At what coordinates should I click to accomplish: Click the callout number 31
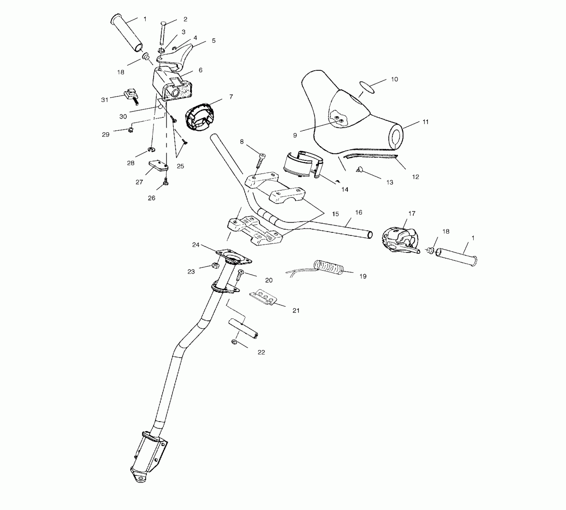pos(104,100)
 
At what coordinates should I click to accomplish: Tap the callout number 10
pos(394,79)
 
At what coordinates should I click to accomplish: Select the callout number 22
pos(261,352)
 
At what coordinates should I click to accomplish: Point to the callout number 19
pos(363,276)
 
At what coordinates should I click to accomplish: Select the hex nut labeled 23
pos(215,265)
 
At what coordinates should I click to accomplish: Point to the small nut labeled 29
pos(131,130)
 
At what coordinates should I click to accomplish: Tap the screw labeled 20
pos(240,274)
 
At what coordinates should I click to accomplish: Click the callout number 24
pos(196,245)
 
